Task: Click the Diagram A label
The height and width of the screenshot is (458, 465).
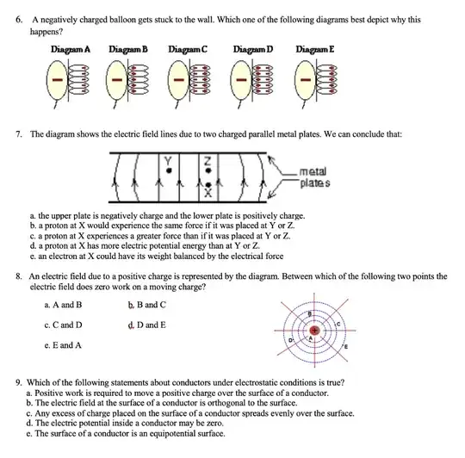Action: tap(71, 49)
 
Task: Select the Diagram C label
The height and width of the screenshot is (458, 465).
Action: tap(188, 49)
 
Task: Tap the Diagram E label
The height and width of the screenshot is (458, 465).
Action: tap(315, 49)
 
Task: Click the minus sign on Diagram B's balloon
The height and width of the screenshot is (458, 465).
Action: tap(117, 79)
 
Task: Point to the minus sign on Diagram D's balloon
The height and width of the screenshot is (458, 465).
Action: tap(241, 79)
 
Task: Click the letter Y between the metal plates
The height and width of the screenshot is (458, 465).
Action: tap(168, 161)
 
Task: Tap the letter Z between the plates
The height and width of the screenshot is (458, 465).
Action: tap(208, 161)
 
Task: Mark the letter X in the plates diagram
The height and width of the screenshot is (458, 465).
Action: tap(208, 193)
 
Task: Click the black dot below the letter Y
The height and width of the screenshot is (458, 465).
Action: tap(169, 170)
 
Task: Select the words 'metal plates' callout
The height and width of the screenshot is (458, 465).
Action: tap(314, 177)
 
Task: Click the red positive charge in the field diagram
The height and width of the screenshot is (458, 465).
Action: tap(314, 331)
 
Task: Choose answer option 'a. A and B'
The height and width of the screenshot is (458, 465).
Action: tap(63, 305)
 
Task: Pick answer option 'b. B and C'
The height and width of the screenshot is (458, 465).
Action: tap(147, 305)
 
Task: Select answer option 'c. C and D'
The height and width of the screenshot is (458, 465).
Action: tap(63, 325)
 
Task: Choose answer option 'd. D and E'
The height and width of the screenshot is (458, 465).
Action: tap(147, 325)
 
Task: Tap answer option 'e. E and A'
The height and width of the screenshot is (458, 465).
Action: tap(63, 345)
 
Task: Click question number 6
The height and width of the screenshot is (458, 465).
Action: tap(19, 20)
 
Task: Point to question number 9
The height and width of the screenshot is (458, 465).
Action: tap(19, 383)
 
